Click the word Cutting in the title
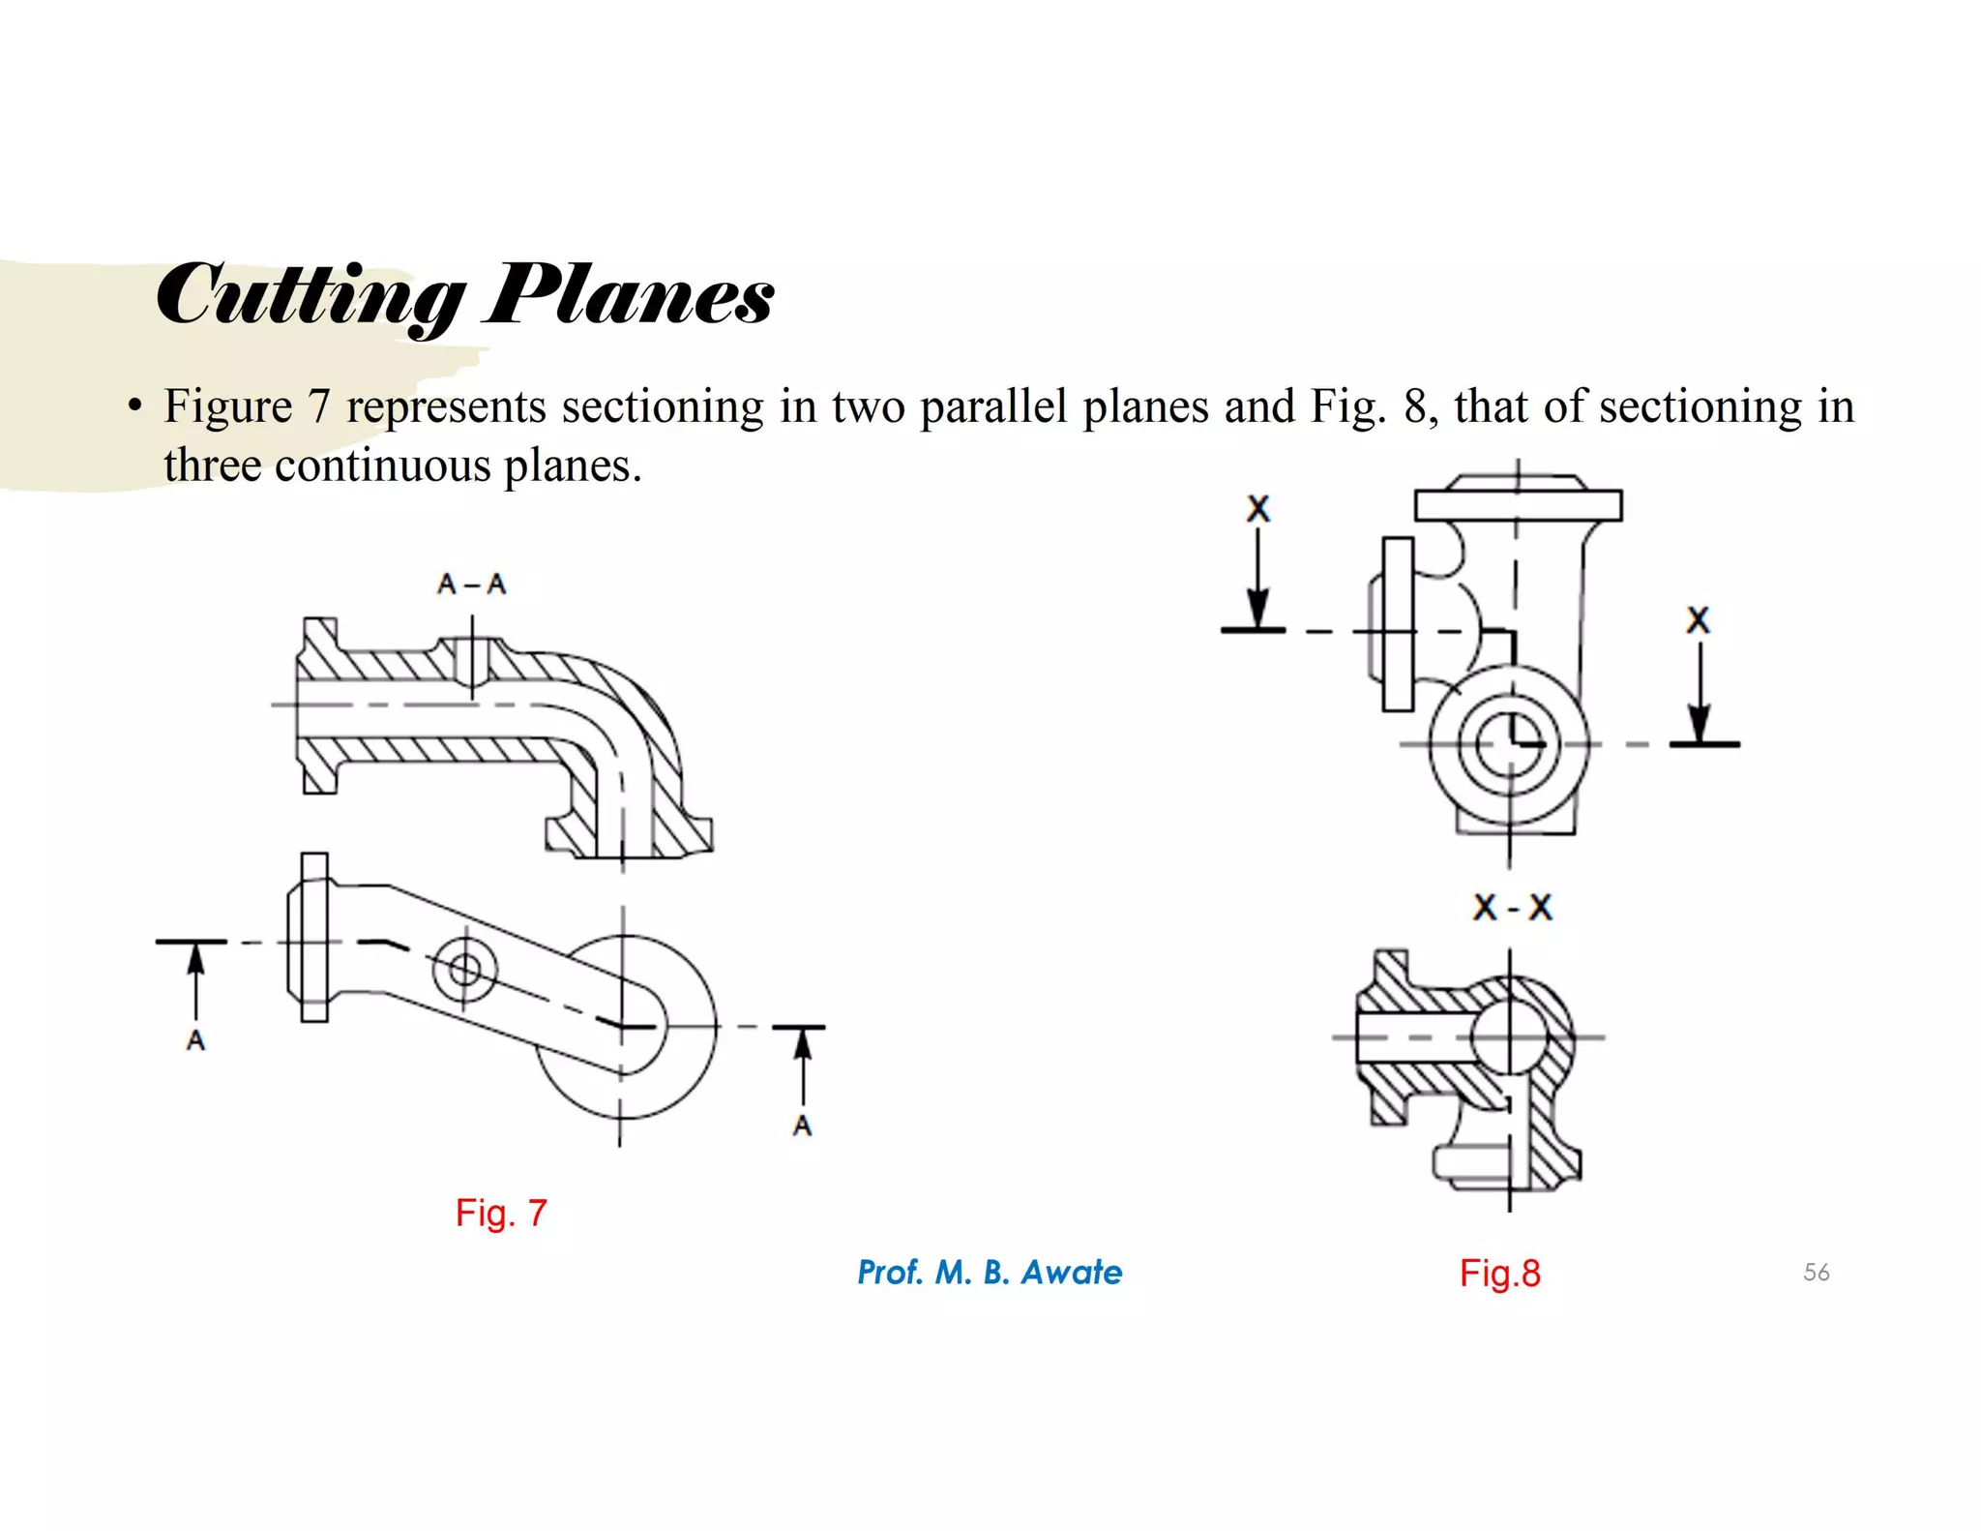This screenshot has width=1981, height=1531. [x=308, y=295]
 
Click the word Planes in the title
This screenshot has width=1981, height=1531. [x=630, y=295]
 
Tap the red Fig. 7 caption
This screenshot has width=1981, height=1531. [x=501, y=1213]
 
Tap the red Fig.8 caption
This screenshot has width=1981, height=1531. [x=1499, y=1273]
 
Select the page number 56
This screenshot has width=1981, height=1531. [x=1816, y=1272]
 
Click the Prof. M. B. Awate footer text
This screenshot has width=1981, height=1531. [x=990, y=1272]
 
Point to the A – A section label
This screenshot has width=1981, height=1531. [x=471, y=584]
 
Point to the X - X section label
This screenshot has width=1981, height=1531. [x=1512, y=908]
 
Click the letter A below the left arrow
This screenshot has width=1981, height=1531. [x=196, y=1041]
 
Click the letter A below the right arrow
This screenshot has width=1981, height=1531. [x=802, y=1126]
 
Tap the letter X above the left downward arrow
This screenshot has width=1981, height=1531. [x=1257, y=509]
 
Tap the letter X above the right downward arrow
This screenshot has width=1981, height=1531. [x=1698, y=620]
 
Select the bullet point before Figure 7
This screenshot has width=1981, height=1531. [x=135, y=405]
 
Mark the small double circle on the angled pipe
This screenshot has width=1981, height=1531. [x=464, y=969]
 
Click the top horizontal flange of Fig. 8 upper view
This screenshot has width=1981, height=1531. [x=1518, y=505]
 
